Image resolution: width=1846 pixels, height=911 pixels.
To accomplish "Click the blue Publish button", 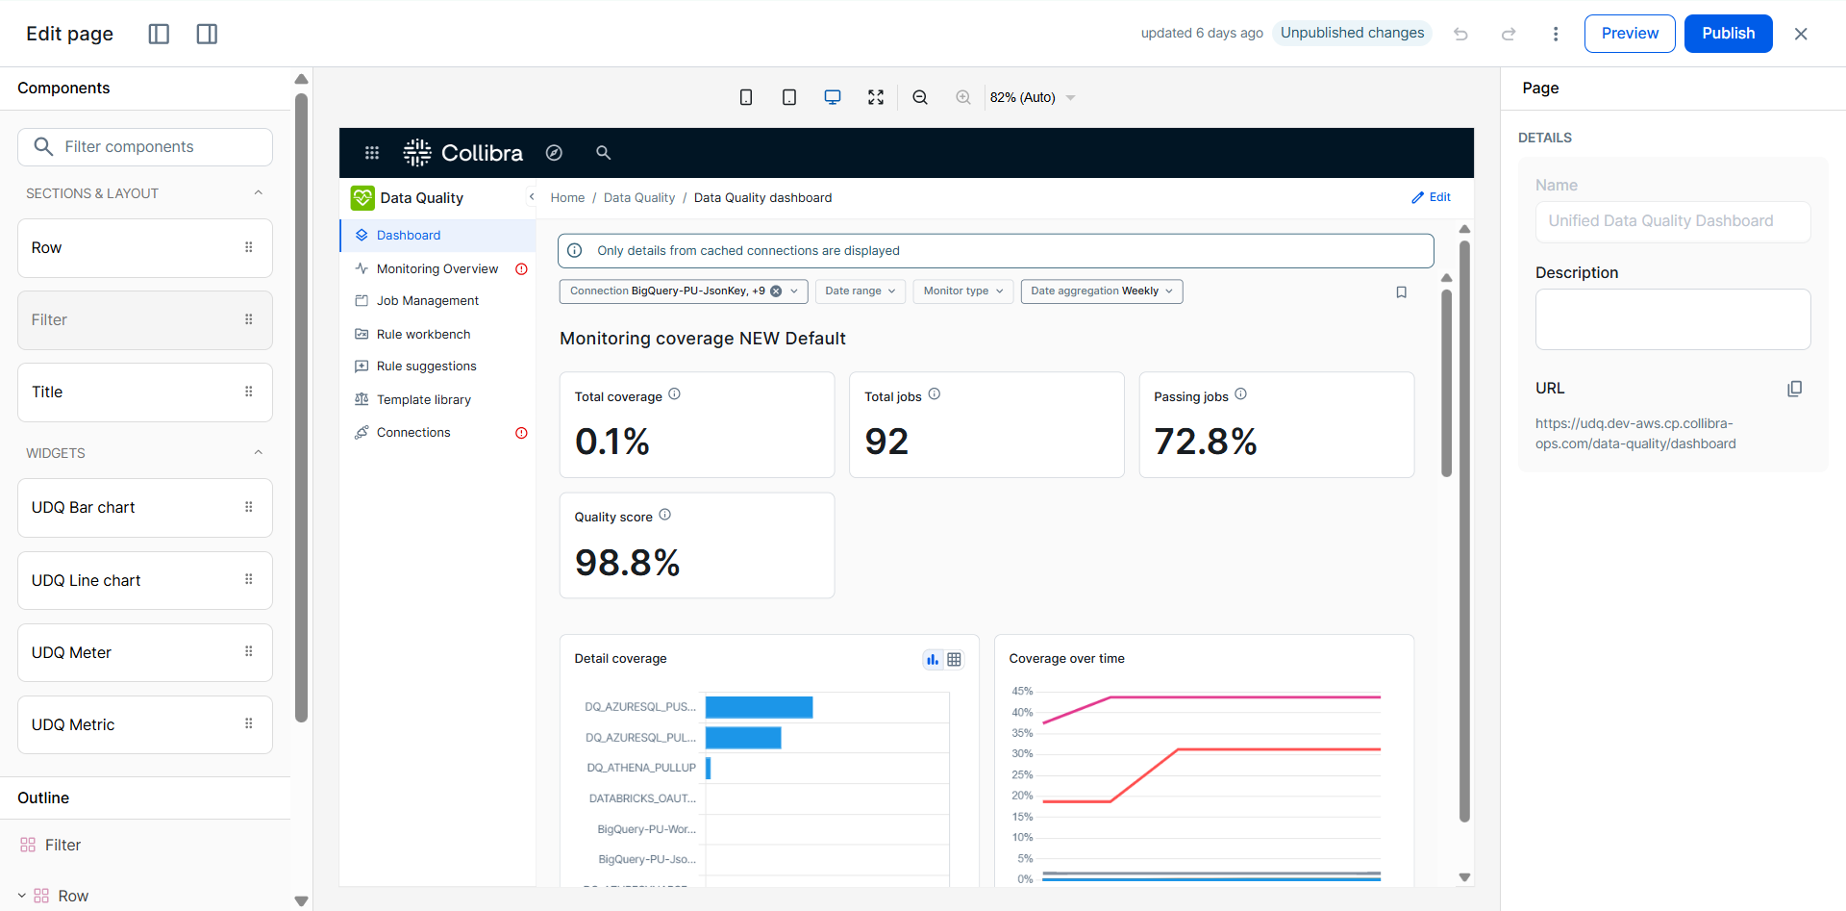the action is (1728, 34).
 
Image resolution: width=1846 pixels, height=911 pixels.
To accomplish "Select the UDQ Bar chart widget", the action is (145, 508).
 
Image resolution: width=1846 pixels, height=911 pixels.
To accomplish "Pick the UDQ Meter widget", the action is (145, 653).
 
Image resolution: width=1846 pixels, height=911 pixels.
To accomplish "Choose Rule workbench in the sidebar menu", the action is (423, 335).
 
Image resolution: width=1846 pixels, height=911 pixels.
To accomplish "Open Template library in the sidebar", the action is (423, 400).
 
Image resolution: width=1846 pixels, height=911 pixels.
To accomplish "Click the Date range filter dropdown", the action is (861, 291).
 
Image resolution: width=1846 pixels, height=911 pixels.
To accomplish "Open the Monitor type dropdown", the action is (963, 291).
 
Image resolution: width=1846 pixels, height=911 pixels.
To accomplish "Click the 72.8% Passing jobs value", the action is (1206, 442).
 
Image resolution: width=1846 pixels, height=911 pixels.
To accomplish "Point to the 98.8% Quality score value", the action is (627, 563).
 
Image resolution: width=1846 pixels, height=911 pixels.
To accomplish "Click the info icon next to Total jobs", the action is (935, 394).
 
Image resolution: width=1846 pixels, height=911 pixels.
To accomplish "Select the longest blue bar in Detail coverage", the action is (759, 707).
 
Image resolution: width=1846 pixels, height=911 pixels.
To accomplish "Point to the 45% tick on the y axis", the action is (1022, 692).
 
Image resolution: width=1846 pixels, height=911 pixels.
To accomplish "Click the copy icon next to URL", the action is (1794, 389).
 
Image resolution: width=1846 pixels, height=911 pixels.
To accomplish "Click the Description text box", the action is (1673, 319).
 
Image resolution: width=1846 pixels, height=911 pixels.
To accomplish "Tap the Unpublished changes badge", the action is (1352, 33).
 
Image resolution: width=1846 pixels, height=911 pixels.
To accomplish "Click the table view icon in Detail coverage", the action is (954, 660).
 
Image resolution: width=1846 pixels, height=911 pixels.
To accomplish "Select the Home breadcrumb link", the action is (567, 198).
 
